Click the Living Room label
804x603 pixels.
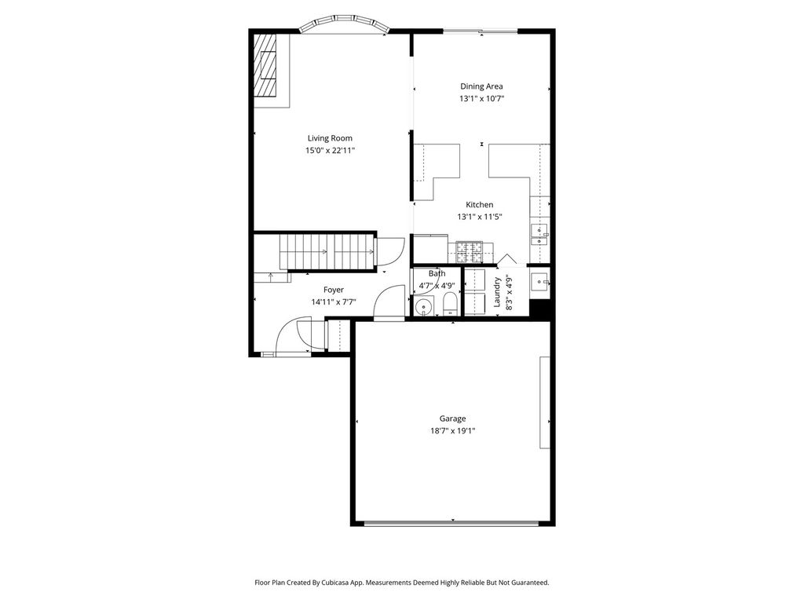click(x=330, y=138)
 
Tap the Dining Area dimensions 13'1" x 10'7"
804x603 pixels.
click(x=481, y=98)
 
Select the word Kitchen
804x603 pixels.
click(x=480, y=205)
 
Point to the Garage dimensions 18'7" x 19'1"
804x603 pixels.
click(x=453, y=431)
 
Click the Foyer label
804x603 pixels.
click(x=333, y=290)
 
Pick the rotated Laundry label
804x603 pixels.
click(x=496, y=292)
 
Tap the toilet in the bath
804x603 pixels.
click(x=450, y=305)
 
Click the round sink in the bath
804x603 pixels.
click(x=423, y=307)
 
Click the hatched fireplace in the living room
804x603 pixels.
click(x=266, y=65)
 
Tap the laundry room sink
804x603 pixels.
click(x=539, y=281)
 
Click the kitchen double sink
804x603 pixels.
click(x=539, y=236)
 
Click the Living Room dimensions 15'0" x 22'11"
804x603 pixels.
click(x=331, y=150)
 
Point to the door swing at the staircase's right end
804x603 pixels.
click(x=389, y=250)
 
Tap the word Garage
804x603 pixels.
click(x=453, y=418)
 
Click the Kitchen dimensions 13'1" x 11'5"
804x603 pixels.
click(x=480, y=217)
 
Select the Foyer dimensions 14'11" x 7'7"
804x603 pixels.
click(x=333, y=302)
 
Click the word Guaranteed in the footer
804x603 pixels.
click(x=530, y=583)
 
